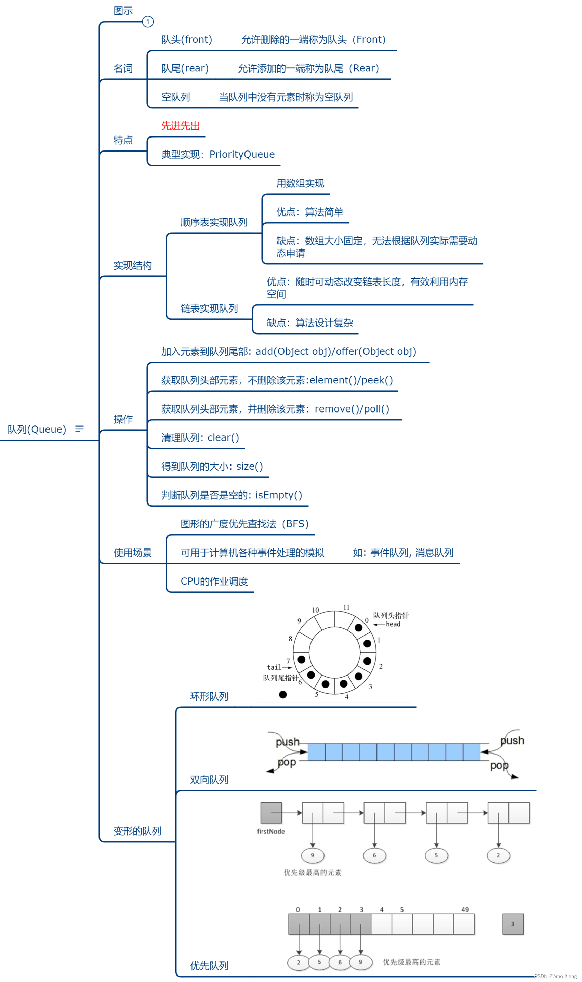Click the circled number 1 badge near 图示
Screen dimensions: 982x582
coord(147,22)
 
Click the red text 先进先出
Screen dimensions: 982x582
coord(181,126)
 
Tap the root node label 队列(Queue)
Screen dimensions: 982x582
coord(37,429)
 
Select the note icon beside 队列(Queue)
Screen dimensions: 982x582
coord(80,429)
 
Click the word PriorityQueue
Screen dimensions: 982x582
coord(242,155)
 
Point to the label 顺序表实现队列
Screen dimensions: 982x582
coord(214,222)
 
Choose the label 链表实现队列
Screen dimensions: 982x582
coord(209,308)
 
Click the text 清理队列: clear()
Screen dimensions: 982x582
coord(200,438)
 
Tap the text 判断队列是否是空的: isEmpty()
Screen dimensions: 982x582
coord(232,495)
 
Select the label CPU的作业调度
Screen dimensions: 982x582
coord(214,581)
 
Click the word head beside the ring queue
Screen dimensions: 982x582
coord(393,624)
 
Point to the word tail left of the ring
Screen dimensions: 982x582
coord(274,667)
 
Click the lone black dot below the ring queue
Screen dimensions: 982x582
coord(283,695)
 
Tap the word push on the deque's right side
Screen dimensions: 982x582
coord(512,741)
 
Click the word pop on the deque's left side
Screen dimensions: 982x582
coord(287,762)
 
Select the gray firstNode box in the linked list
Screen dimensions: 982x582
coord(271,813)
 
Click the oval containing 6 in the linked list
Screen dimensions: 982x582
coord(374,856)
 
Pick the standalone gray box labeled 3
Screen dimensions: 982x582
coord(513,924)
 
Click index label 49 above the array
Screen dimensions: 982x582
coord(465,910)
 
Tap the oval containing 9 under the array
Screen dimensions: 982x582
coord(360,963)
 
